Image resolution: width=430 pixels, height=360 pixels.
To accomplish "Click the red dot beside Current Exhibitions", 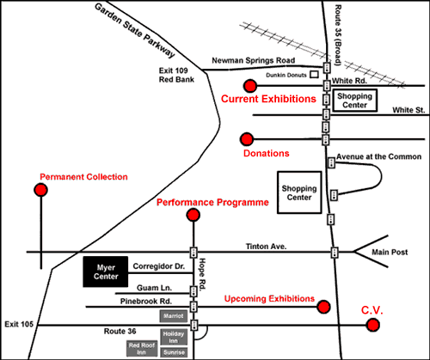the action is [250, 86].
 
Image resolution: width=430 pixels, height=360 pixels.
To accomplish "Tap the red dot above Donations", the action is [247, 139].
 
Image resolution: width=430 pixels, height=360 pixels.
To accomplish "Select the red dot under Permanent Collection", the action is [40, 190].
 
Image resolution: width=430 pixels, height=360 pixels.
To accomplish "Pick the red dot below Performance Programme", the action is [193, 215].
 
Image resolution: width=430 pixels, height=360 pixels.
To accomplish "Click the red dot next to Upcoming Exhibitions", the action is [323, 307].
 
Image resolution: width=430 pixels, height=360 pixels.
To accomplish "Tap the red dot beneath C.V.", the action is [373, 325].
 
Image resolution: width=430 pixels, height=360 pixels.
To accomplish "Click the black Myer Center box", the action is [106, 272].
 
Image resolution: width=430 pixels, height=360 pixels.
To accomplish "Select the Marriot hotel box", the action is [174, 316].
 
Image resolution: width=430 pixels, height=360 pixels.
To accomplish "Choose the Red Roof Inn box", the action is [142, 348].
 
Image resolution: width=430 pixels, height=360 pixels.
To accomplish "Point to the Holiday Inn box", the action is [174, 337].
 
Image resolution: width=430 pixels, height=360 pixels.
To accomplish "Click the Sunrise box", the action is [174, 352].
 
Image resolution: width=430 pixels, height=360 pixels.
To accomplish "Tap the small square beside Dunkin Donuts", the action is [315, 75].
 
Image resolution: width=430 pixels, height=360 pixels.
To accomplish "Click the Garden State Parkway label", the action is [135, 31].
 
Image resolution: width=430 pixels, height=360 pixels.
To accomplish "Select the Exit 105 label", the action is [19, 324].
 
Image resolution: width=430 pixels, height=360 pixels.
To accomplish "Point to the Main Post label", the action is [390, 252].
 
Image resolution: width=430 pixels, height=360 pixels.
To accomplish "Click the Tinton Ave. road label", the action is [266, 247].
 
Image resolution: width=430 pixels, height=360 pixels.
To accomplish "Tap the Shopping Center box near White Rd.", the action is [355, 101].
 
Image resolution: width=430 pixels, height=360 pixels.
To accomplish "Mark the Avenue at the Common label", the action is [378, 156].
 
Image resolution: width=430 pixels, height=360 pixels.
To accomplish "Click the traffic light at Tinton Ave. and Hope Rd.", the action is [193, 253].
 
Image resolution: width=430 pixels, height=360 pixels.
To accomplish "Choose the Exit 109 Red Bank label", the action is [176, 75].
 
